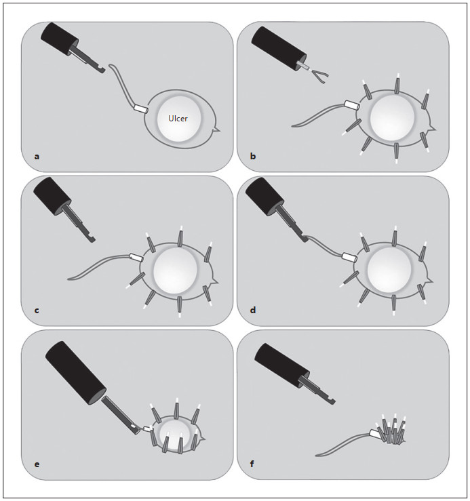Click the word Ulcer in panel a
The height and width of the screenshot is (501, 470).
click(178, 119)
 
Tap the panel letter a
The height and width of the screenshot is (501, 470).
click(37, 157)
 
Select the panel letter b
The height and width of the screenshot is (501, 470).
click(253, 156)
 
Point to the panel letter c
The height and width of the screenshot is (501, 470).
click(37, 310)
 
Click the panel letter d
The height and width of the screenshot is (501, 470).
click(253, 310)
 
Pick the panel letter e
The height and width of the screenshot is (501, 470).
click(37, 464)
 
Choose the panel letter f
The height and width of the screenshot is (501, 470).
click(252, 464)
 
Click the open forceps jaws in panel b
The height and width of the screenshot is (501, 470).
click(320, 76)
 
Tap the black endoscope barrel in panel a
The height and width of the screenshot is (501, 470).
click(60, 39)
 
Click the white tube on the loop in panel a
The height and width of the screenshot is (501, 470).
click(140, 108)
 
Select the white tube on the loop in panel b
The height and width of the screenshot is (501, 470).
click(352, 105)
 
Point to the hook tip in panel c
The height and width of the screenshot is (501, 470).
click(92, 239)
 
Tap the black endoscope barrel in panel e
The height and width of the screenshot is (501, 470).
click(76, 373)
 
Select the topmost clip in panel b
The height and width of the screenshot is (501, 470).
click(397, 83)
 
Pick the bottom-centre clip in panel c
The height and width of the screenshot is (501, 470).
click(180, 306)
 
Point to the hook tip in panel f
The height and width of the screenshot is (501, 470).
click(332, 401)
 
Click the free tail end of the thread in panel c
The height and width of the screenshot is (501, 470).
click(68, 279)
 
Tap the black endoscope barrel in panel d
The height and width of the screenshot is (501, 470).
click(265, 195)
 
